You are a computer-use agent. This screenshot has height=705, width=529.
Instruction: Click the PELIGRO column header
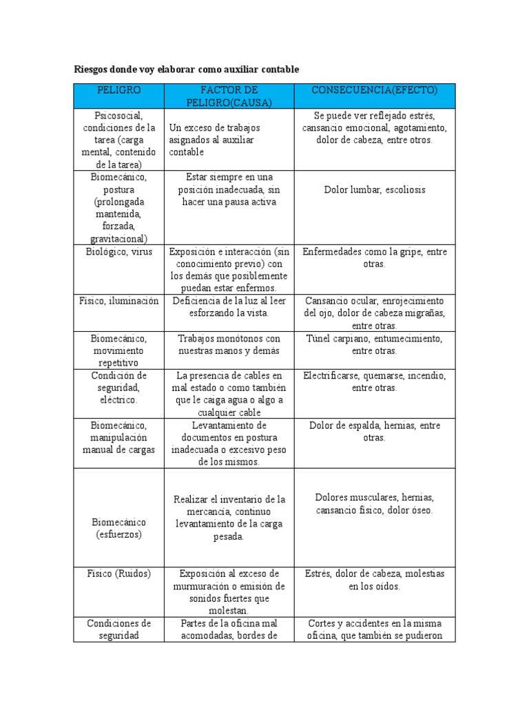(118, 90)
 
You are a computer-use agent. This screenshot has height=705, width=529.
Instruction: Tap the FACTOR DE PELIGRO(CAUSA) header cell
(229, 96)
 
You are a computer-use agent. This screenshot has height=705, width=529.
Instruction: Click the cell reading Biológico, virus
(118, 252)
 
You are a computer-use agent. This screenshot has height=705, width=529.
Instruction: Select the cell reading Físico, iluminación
(118, 301)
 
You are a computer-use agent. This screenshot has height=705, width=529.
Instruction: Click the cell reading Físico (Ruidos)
(118, 574)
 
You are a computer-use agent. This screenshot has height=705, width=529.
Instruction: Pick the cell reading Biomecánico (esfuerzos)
(118, 527)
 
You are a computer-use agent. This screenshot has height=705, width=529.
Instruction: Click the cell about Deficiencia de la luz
(229, 306)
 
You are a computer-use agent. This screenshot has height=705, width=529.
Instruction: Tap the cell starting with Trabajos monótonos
(229, 344)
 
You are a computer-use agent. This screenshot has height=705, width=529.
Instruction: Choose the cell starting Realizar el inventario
(229, 518)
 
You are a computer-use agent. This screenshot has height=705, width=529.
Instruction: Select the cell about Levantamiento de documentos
(229, 443)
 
